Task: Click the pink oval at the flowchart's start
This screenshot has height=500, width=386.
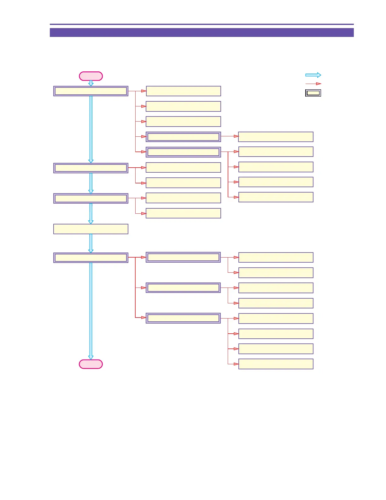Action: coord(91,76)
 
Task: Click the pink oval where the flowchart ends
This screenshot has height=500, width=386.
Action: coord(91,364)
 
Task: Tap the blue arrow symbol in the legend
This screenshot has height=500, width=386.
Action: coord(313,75)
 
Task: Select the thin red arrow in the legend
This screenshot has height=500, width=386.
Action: coord(313,84)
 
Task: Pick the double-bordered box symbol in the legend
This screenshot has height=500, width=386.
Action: coord(313,93)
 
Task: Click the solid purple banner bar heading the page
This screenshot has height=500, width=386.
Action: coord(202,33)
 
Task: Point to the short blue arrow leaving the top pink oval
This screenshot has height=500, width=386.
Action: coord(91,83)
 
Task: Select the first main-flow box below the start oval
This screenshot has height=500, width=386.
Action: coord(91,91)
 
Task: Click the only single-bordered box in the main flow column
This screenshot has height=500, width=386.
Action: coord(91,229)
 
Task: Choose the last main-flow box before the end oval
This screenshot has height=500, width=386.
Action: coord(91,258)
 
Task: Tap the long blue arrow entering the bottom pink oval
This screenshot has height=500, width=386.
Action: coord(91,311)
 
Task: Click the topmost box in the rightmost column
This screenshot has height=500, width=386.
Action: coord(276,137)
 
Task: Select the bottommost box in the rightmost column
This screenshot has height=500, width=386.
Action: coord(276,364)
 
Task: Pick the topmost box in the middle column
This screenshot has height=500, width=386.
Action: coord(183,91)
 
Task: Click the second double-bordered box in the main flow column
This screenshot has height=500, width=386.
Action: coord(91,168)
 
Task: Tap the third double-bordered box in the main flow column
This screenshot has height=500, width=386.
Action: coord(91,198)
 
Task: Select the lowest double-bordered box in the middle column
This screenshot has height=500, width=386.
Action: coord(183,318)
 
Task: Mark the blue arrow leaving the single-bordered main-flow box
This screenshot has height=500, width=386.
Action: coord(91,243)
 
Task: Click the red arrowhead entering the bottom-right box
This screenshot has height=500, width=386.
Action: coord(236,364)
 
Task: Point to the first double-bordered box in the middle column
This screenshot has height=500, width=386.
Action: coord(183,137)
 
